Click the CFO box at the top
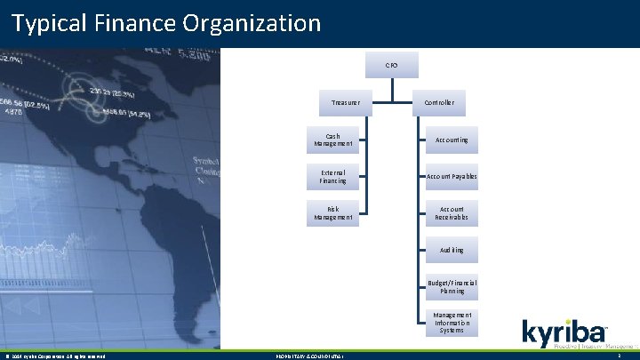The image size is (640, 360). click(x=391, y=65)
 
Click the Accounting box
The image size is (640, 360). click(x=452, y=140)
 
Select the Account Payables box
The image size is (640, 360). click(x=452, y=177)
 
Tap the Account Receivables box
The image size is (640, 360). click(x=452, y=213)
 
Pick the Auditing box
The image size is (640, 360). click(x=452, y=251)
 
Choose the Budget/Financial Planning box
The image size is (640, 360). click(x=452, y=286)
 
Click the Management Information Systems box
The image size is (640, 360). click(x=452, y=323)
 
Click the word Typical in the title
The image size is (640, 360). click(x=48, y=22)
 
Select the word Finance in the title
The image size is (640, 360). click(x=131, y=22)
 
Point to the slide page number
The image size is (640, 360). click(x=619, y=356)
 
